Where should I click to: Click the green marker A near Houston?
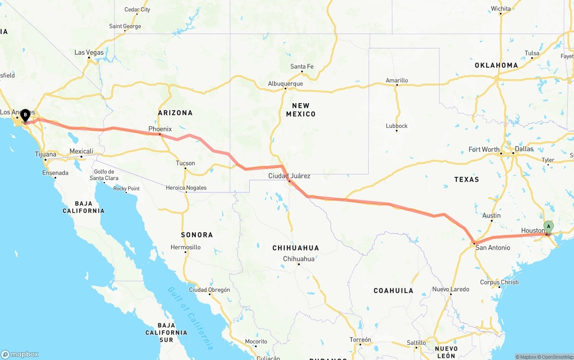tap(548, 226)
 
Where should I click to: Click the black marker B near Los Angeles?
tap(26, 115)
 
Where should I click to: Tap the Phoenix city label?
tap(160, 129)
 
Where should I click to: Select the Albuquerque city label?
tap(286, 83)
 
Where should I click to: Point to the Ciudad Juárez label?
tap(289, 176)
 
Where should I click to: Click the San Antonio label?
tap(492, 247)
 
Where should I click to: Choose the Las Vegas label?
tap(89, 52)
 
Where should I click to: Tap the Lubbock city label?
tap(396, 126)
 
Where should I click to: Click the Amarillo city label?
tap(397, 81)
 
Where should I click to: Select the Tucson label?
tap(185, 163)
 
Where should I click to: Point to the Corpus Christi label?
tap(499, 282)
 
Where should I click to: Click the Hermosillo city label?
tap(186, 247)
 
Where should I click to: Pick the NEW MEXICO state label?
tap(300, 110)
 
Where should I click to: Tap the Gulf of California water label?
tap(191, 318)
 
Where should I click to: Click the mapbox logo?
tap(20, 354)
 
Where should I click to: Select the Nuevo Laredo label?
tap(451, 289)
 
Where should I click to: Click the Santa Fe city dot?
tap(302, 72)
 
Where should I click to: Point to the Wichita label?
tap(500, 9)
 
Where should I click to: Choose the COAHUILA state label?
tap(393, 291)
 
